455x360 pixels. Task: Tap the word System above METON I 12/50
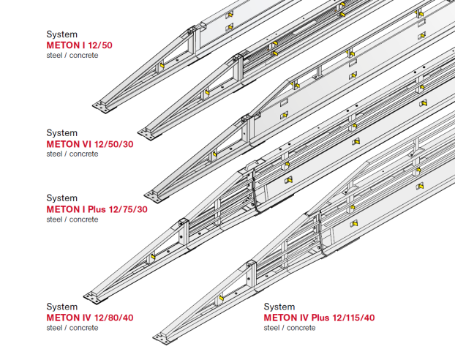[62, 34]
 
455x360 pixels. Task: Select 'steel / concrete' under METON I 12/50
[72, 56]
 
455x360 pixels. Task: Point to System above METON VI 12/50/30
[62, 133]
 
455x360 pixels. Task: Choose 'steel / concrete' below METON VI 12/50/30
[72, 154]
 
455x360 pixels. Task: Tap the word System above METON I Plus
[62, 198]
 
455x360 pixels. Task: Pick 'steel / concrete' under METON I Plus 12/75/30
[72, 220]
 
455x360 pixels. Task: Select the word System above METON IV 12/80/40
[62, 307]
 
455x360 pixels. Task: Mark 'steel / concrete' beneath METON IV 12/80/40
[72, 328]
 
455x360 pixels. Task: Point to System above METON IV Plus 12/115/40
[279, 307]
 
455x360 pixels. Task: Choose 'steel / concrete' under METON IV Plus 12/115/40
[290, 328]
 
